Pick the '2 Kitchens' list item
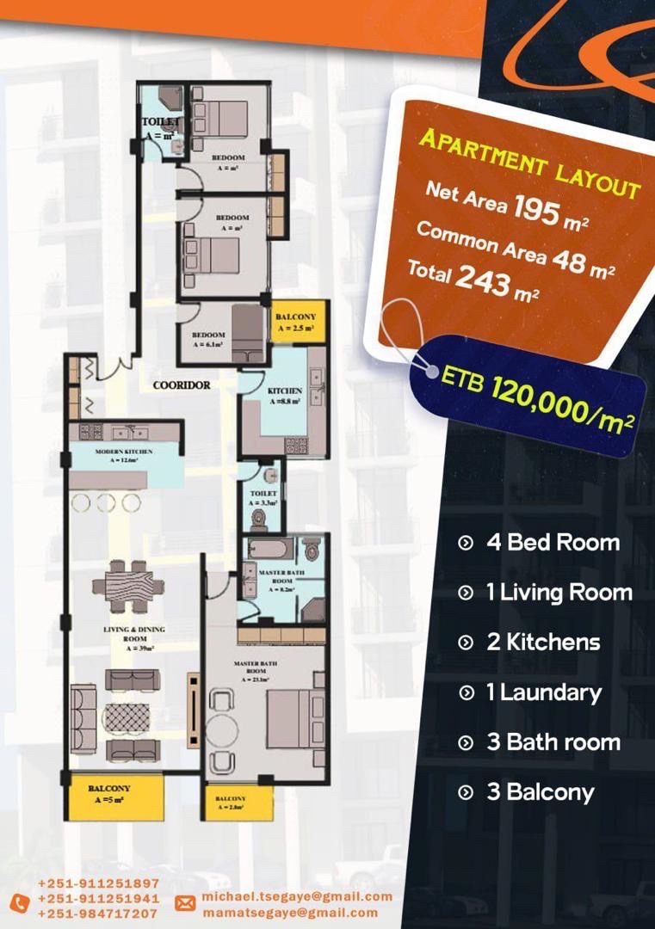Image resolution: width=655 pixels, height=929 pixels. [x=542, y=643]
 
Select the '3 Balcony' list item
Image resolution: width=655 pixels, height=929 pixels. [x=540, y=792]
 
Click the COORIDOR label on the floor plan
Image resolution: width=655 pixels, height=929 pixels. [x=182, y=386]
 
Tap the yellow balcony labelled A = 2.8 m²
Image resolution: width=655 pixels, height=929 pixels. [x=232, y=803]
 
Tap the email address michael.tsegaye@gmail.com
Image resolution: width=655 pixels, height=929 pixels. [x=297, y=896]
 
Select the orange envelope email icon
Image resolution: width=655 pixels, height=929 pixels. [x=185, y=903]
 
